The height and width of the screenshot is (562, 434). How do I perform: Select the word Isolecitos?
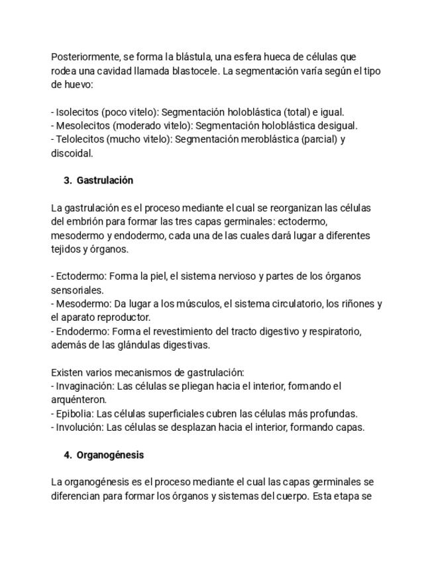click(x=77, y=112)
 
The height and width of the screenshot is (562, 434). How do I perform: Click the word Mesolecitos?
click(x=82, y=126)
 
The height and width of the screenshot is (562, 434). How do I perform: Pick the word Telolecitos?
click(x=80, y=139)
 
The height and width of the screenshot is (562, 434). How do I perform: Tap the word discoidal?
click(x=72, y=153)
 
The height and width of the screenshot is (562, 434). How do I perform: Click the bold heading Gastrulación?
click(x=105, y=180)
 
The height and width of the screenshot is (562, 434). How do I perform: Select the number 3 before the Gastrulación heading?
click(x=67, y=180)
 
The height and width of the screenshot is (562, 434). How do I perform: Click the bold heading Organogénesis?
click(x=110, y=455)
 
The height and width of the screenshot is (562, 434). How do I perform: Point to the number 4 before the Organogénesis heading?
click(x=67, y=455)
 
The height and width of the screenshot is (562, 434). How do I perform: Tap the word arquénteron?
click(x=78, y=400)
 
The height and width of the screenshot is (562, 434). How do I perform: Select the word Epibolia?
click(x=73, y=414)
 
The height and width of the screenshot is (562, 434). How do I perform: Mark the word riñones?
click(x=358, y=304)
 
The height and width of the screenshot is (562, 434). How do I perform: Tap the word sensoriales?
click(x=77, y=290)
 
